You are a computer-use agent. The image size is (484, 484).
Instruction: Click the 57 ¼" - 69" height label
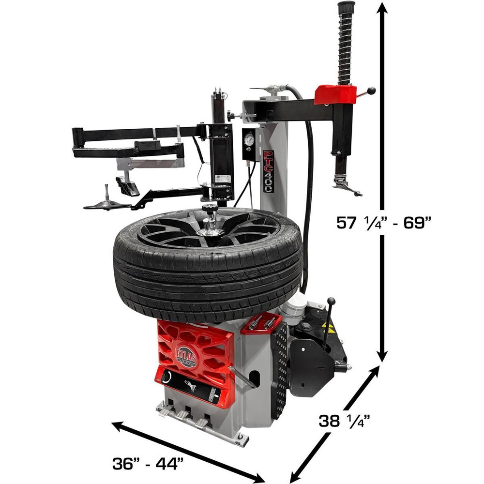[x=384, y=223]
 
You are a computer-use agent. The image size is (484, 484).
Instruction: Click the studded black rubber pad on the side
[x=279, y=368]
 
